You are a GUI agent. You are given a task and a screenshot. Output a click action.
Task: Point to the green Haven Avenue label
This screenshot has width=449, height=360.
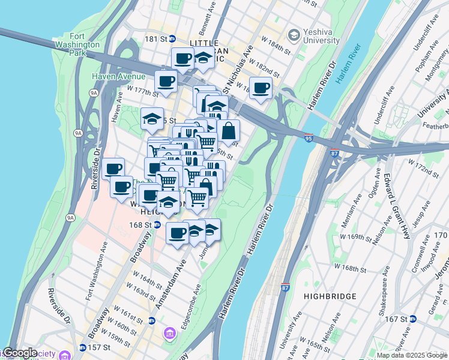(118, 76)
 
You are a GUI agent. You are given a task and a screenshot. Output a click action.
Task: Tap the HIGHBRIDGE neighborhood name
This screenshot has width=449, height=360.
(330, 296)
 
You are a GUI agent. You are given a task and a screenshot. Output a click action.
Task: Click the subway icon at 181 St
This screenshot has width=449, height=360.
(172, 38)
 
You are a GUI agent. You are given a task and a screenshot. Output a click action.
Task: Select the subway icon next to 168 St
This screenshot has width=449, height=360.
(156, 225)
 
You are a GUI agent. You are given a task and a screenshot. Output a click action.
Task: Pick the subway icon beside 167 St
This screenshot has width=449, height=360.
(413, 319)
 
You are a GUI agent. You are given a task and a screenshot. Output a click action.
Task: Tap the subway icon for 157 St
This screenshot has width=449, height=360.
(82, 348)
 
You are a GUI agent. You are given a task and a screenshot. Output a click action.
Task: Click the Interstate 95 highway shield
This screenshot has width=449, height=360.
(309, 137)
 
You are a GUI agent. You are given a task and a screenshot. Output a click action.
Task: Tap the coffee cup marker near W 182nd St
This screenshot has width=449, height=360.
(261, 88)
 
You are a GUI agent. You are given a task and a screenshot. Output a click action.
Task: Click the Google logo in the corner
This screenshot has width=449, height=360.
(20, 353)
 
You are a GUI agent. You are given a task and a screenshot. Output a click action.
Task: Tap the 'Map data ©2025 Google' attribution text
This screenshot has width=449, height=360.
(412, 355)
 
